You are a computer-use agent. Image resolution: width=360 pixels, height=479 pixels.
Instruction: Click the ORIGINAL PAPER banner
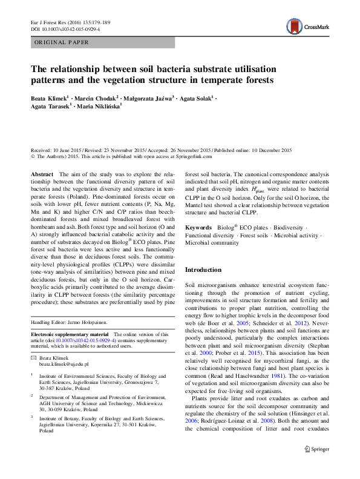pyautogui.click(x=62, y=42)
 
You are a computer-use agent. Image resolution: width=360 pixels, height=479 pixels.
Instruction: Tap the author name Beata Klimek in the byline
pyautogui.click(x=50, y=97)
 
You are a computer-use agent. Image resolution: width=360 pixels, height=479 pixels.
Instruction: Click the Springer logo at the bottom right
pyautogui.click(x=316, y=466)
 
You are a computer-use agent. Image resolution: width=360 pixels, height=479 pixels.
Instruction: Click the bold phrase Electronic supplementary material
pyautogui.click(x=69, y=334)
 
